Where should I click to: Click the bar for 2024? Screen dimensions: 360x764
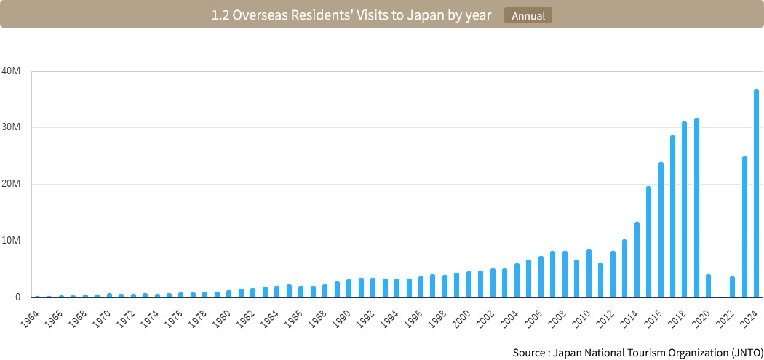[x=757, y=193]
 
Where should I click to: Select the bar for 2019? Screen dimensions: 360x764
[x=696, y=207]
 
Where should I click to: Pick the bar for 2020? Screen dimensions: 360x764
[x=709, y=286]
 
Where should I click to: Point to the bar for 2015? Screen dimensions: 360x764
[x=648, y=241]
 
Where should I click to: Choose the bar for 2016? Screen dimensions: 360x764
[x=661, y=230]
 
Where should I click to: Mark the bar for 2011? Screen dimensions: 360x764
[x=600, y=280]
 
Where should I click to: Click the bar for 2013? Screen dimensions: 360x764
[x=624, y=268]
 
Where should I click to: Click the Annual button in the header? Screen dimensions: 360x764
[x=528, y=15]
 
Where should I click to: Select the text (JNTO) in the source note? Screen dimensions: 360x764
[x=741, y=353]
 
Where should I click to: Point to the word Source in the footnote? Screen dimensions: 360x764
[x=529, y=353]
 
